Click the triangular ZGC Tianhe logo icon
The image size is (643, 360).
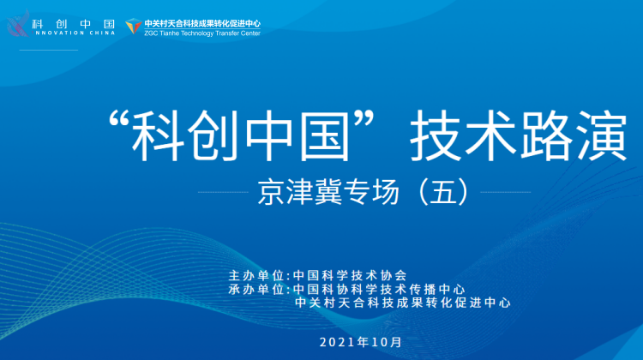point(133,27)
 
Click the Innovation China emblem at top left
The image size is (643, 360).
point(19,24)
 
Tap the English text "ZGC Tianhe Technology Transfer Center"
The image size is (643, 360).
point(202,33)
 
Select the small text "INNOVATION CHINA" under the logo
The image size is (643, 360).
point(75,33)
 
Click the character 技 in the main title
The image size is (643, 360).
point(436,135)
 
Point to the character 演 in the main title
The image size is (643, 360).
point(602,135)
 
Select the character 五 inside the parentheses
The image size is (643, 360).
point(443,192)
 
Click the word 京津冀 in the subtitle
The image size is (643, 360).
point(300,192)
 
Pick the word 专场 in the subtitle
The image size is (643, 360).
point(371,192)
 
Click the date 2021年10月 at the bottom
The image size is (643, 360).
point(360,342)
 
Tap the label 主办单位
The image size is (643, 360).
point(256,275)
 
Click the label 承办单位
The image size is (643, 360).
point(256,289)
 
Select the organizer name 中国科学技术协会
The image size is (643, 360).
point(350,275)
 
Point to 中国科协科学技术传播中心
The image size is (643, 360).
point(379,289)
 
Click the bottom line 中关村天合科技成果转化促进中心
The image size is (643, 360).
point(403,303)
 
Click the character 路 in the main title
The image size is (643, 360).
point(547,135)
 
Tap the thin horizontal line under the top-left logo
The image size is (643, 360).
point(48,50)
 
